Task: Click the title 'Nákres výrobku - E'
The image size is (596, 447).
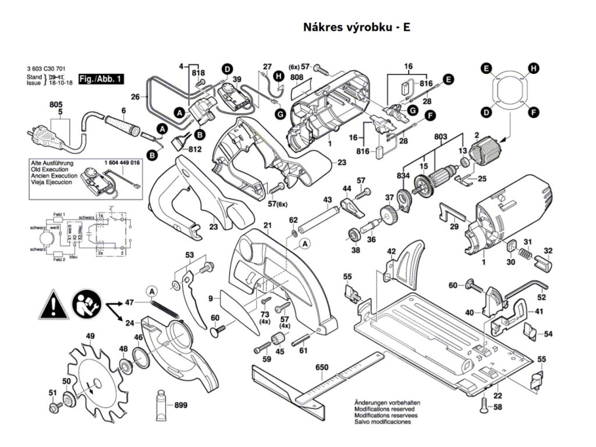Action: (x=356, y=27)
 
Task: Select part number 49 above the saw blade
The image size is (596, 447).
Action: (x=90, y=336)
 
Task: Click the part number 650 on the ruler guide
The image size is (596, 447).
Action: (x=322, y=367)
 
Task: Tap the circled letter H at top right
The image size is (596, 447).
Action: (x=531, y=69)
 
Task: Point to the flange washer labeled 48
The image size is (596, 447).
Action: (x=124, y=366)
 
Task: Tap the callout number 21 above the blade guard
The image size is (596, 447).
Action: (x=268, y=226)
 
